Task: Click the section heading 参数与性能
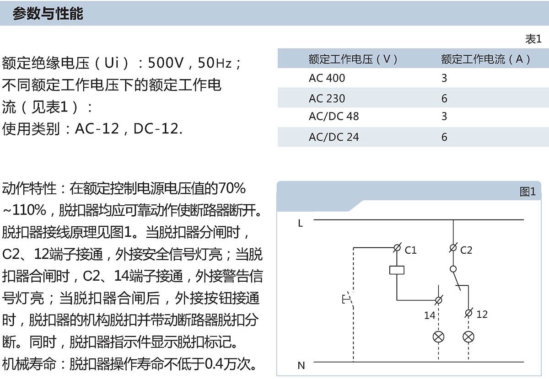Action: [x=48, y=14]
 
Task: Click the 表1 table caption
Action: [x=533, y=39]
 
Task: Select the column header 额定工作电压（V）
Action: [x=353, y=59]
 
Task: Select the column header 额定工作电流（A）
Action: [x=485, y=59]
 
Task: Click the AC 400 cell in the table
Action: [x=327, y=78]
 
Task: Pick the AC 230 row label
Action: [x=327, y=99]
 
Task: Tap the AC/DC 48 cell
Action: [x=334, y=116]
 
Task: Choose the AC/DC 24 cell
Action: [x=334, y=137]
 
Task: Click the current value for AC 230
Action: [x=444, y=99]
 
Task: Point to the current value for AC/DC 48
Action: [x=444, y=116]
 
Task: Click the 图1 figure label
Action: [x=527, y=192]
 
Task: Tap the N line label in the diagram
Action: [x=301, y=365]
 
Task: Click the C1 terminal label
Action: [x=411, y=250]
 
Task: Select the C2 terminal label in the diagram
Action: [x=466, y=250]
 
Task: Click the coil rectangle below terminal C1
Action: [x=397, y=270]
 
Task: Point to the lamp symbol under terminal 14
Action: [x=439, y=337]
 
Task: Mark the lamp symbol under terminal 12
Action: [x=468, y=337]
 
